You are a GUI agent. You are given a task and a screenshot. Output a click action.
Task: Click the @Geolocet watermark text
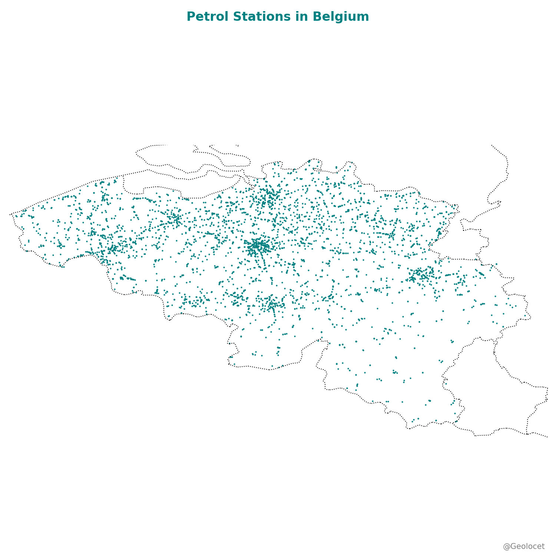click(x=523, y=546)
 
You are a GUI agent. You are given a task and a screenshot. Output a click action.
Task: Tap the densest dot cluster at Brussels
click(x=258, y=246)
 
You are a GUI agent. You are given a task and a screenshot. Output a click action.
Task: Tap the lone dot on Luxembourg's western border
click(x=446, y=384)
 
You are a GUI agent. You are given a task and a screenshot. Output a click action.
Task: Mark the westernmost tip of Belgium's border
click(x=10, y=214)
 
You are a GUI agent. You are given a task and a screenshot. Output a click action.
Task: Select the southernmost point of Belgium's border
click(x=408, y=428)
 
